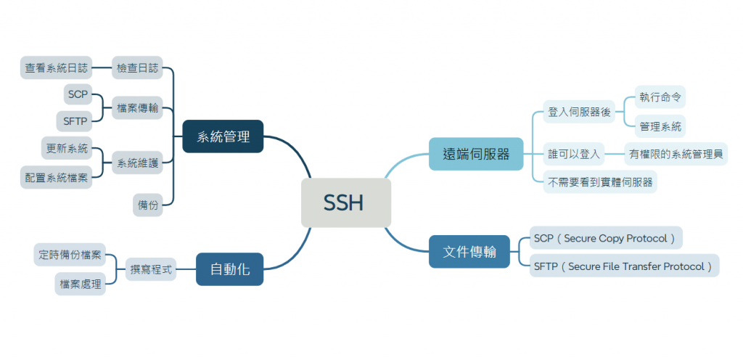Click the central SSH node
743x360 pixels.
pyautogui.click(x=346, y=202)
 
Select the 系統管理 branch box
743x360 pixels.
pyautogui.click(x=223, y=136)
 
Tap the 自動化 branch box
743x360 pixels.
pyautogui.click(x=229, y=269)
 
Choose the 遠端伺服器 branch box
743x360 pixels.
pyautogui.click(x=476, y=154)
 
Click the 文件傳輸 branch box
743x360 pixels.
pyautogui.click(x=469, y=252)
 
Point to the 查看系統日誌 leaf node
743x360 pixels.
pyautogui.click(x=56, y=68)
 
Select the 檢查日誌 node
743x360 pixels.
pyautogui.click(x=137, y=68)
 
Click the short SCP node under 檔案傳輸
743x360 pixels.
pyautogui.click(x=77, y=94)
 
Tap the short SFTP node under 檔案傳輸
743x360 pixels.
pyautogui.click(x=75, y=120)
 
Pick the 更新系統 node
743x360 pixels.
pyautogui.click(x=67, y=149)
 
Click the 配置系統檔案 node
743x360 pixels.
pyautogui.click(x=56, y=176)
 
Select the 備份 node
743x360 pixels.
pyautogui.click(x=148, y=205)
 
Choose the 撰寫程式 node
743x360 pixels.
pyautogui.click(x=151, y=269)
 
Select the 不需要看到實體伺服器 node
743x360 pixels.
pyautogui.click(x=599, y=181)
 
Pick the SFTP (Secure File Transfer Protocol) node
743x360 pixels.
pyautogui.click(x=623, y=266)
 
